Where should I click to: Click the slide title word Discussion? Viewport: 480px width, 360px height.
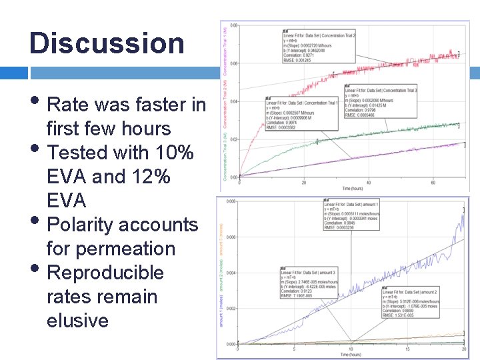pyautogui.click(x=107, y=43)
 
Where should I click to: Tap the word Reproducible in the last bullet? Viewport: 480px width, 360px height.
pyautogui.click(x=106, y=273)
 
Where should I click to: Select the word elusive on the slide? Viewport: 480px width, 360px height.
pyautogui.click(x=77, y=321)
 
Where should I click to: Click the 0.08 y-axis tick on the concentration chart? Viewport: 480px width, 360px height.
pyautogui.click(x=234, y=26)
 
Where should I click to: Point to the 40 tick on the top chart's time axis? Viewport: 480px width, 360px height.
pyautogui.click(x=369, y=182)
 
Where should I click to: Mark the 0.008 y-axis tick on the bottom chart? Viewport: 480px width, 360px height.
pyautogui.click(x=230, y=201)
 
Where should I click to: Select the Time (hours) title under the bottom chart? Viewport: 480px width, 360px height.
pyautogui.click(x=351, y=355)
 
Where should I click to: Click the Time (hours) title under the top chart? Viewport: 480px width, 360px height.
pyautogui.click(x=353, y=188)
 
